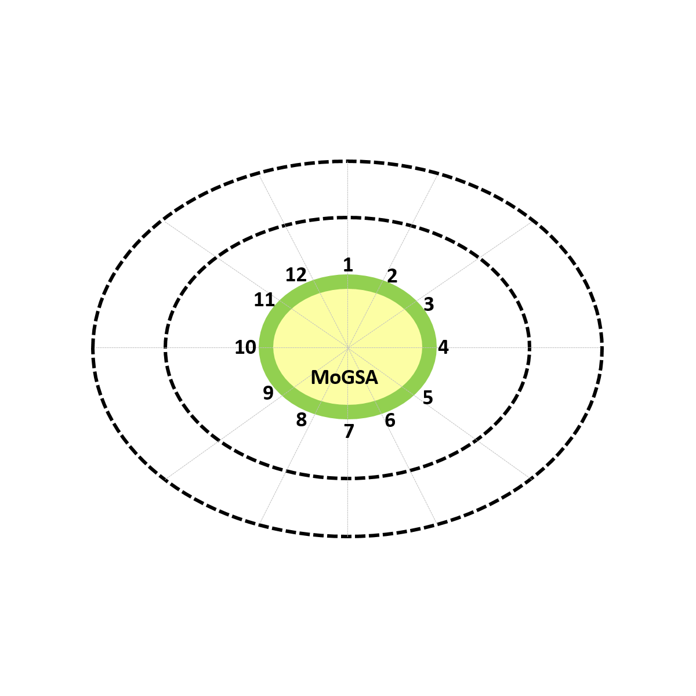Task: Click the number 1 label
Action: [348, 264]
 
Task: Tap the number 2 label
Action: [392, 276]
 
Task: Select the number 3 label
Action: [429, 304]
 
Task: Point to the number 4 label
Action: [443, 347]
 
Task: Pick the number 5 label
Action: [427, 397]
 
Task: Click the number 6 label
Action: [390, 420]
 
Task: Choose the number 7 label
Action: [349, 432]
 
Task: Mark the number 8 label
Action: [301, 420]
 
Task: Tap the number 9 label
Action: [268, 393]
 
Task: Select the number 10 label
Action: [245, 347]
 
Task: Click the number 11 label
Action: [264, 300]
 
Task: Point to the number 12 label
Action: [296, 275]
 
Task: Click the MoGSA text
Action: [344, 378]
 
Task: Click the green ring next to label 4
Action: [429, 347]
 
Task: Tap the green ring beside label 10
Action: [266, 347]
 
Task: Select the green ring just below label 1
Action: [348, 282]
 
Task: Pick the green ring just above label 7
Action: [348, 412]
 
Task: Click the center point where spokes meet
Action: [348, 348]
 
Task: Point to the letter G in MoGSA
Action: [346, 378]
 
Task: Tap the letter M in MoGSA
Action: [319, 378]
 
